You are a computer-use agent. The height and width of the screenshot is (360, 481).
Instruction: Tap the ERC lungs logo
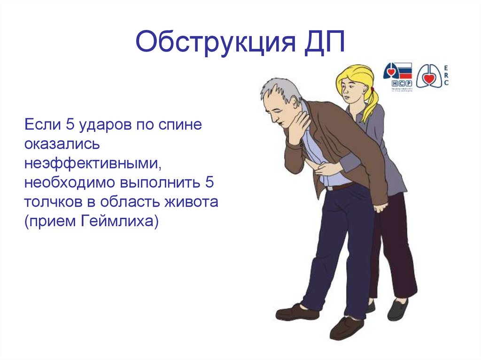click(432, 76)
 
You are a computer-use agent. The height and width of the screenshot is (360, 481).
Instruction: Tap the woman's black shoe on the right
click(397, 310)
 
